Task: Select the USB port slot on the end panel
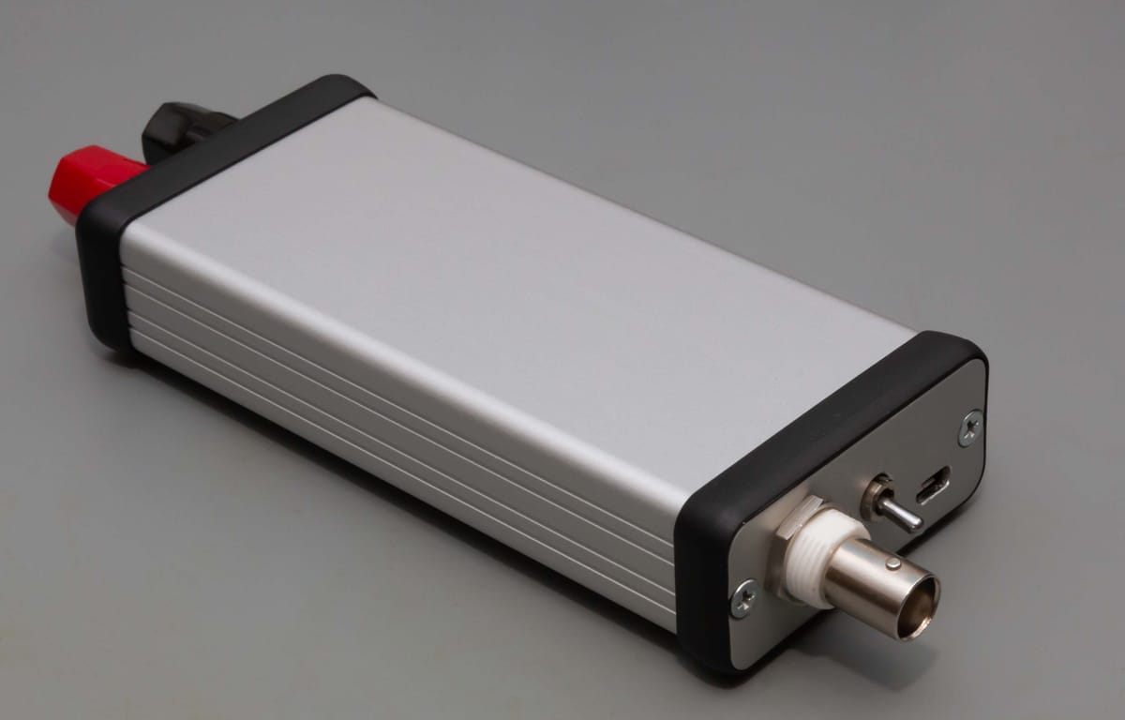pos(934,486)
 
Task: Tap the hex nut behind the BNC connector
pos(786,553)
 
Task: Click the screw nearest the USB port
pos(969,427)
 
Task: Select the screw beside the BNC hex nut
pos(745,597)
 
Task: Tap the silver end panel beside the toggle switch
pos(844,469)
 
